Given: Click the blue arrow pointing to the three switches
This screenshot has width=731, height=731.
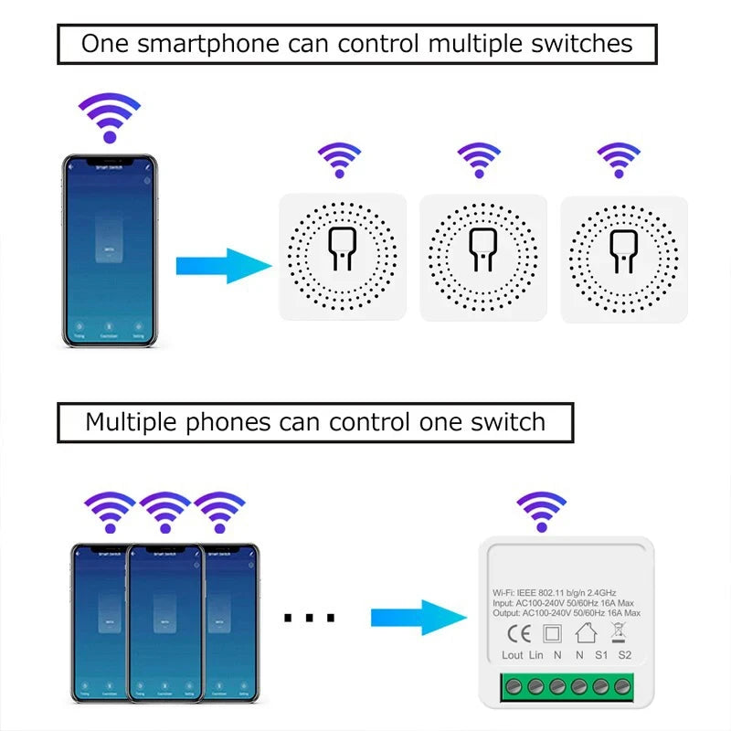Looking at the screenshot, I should pos(223,267).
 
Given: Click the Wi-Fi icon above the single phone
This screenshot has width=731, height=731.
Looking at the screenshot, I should pos(110,118).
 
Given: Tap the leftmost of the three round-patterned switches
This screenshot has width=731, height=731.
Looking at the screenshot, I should pos(342,258).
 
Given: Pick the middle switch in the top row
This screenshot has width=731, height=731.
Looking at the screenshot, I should pos(482,258).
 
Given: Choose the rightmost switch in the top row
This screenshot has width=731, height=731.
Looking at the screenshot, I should pos(623,258).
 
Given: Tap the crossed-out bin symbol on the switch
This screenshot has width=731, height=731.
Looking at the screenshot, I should pos(617,630).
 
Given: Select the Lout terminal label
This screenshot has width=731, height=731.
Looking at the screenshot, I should pos(513,655).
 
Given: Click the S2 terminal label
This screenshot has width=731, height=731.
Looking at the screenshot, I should pos(625,655).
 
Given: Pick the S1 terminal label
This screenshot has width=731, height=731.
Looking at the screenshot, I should pos(602,655).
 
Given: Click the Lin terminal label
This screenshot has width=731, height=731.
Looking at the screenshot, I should pos(536,655).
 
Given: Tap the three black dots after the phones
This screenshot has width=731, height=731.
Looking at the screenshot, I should pos(309,619).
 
